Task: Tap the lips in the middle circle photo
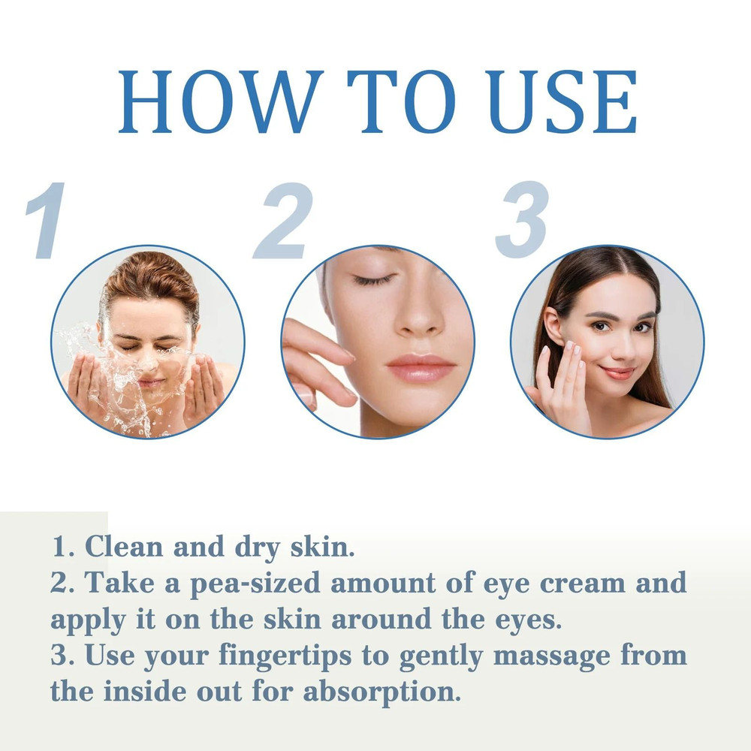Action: coord(421,367)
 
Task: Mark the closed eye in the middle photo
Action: coord(373,279)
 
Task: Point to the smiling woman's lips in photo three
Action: coord(618,372)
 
